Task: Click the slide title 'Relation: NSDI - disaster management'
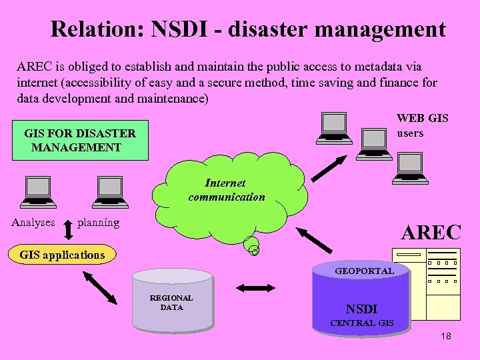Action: (x=247, y=29)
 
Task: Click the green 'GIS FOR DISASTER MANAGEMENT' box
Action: (x=80, y=140)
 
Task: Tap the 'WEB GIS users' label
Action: (x=422, y=125)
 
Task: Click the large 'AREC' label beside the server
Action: (x=431, y=232)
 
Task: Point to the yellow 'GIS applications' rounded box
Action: (x=62, y=255)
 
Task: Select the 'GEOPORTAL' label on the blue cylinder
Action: (x=364, y=271)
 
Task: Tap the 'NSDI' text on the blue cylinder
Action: (x=361, y=309)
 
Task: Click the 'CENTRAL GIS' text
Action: (x=362, y=324)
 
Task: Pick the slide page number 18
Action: (x=446, y=336)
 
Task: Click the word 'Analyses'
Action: (x=33, y=223)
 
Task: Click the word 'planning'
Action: (x=98, y=223)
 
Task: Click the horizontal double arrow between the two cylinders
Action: (x=255, y=288)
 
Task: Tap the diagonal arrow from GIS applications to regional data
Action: (x=99, y=289)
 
